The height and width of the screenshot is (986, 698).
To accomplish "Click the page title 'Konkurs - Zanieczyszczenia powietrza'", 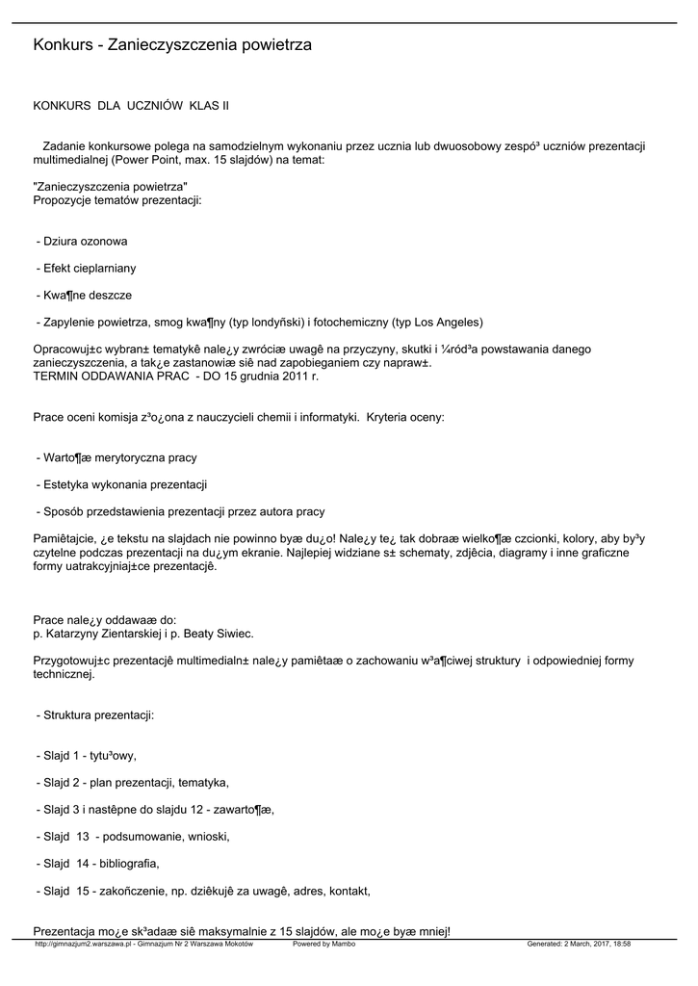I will (x=172, y=45).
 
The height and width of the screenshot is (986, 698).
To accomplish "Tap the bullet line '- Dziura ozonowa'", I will (x=82, y=242).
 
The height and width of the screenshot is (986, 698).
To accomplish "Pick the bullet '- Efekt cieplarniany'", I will (x=86, y=269).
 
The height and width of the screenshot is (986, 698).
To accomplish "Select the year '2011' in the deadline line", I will (x=289, y=376).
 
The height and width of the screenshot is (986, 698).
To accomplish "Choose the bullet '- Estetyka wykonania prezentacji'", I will (x=121, y=484).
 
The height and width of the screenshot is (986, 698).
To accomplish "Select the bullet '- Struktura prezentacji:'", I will (x=95, y=717).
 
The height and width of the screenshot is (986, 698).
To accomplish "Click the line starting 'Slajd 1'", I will (x=92, y=756).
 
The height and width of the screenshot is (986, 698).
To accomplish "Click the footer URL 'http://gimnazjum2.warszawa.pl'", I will (x=79, y=944).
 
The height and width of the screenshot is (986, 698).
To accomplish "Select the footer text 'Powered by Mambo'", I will (x=323, y=944).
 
